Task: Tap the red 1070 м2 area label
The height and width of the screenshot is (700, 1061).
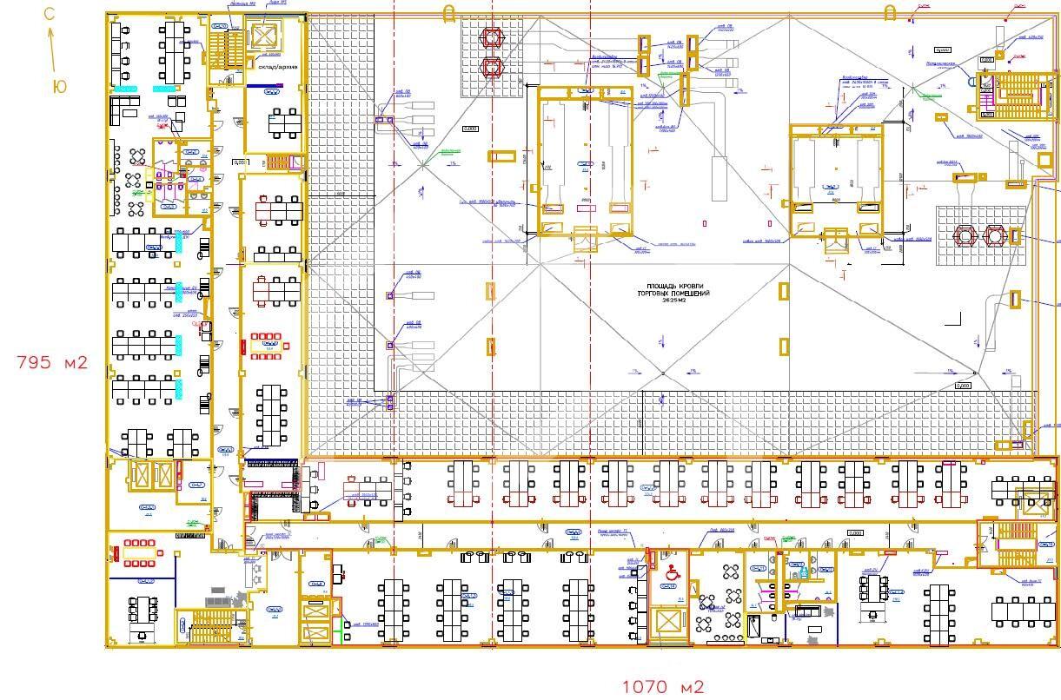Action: (x=662, y=686)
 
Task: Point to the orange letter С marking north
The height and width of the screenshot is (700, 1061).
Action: (x=50, y=14)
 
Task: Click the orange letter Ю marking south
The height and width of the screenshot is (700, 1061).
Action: (x=59, y=87)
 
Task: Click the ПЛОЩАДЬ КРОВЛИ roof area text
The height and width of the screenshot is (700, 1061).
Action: (x=678, y=293)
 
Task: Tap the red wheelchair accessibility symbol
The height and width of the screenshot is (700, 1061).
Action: (x=671, y=572)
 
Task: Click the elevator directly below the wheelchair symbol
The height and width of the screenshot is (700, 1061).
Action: (x=669, y=622)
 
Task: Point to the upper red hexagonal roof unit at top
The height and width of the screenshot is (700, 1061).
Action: (x=494, y=37)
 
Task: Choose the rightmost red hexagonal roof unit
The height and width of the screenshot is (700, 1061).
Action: (x=993, y=235)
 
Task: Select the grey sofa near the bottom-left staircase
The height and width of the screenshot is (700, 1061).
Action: (x=216, y=599)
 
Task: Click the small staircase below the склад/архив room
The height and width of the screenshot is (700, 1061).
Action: (x=275, y=162)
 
